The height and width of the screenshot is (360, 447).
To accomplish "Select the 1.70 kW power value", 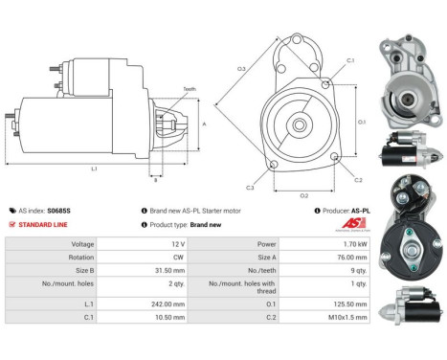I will [333, 243].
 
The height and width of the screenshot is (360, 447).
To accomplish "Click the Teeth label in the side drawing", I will [190, 89].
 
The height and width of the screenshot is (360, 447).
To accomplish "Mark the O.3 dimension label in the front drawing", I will [241, 68].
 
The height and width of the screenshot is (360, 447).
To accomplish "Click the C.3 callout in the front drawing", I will [250, 187].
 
